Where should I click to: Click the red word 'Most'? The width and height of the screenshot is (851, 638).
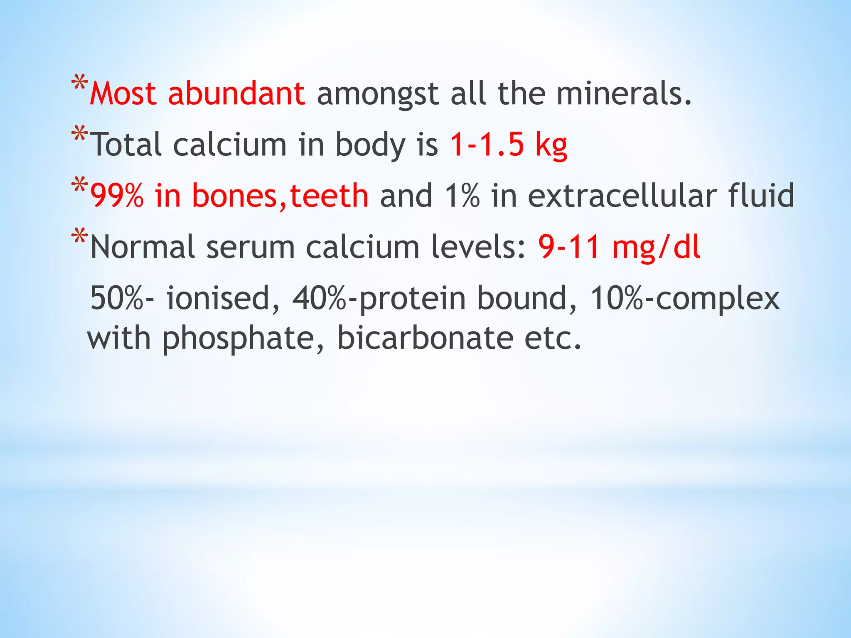click(123, 94)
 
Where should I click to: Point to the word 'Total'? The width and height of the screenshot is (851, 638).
click(126, 145)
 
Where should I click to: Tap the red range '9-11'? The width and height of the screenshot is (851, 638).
click(569, 247)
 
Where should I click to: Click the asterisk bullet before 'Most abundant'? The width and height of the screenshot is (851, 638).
click(79, 83)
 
